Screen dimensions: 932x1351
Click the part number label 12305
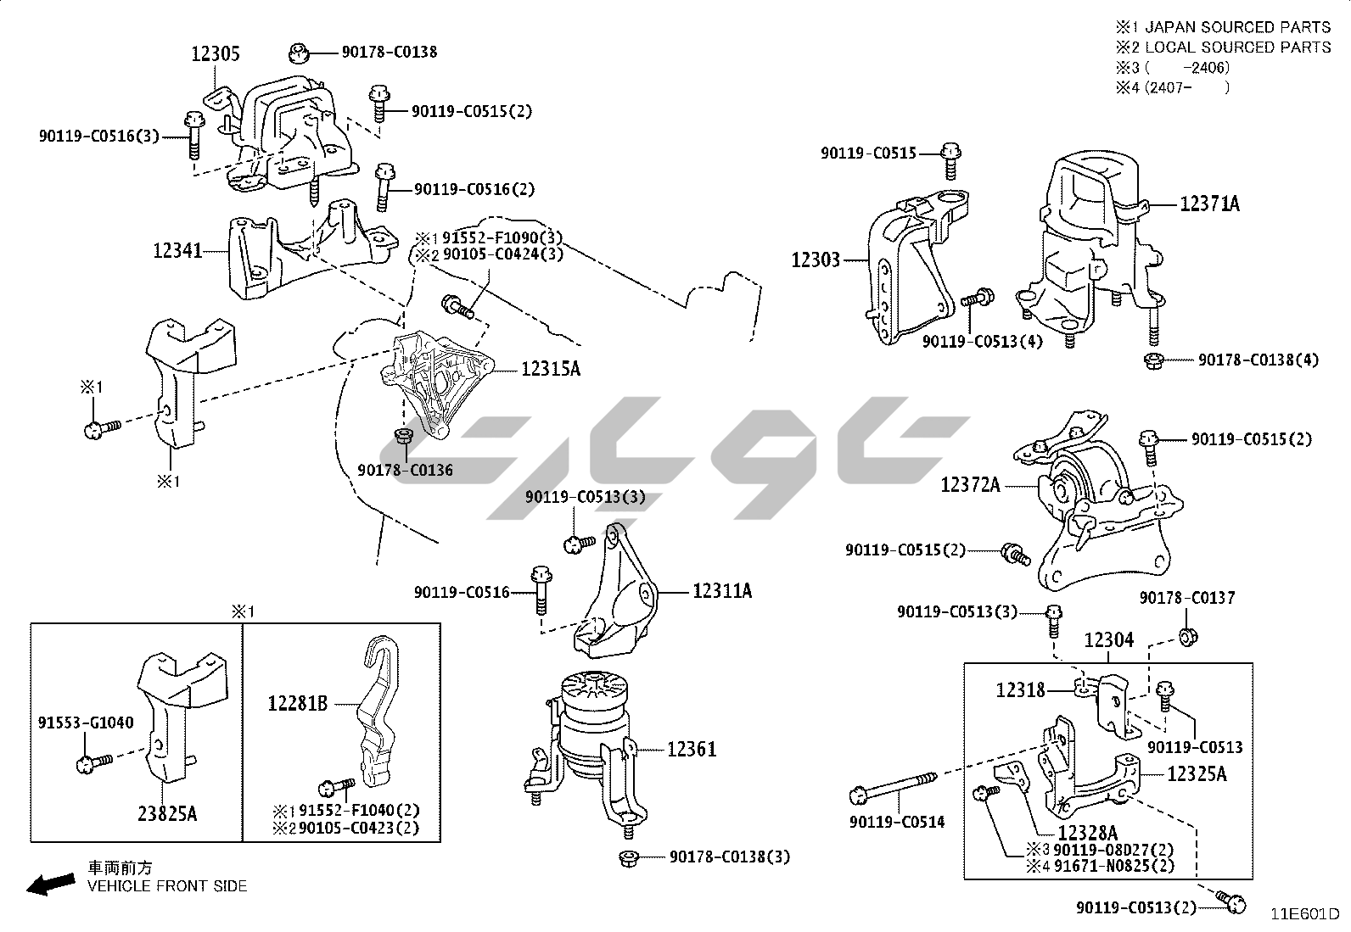pos(215,54)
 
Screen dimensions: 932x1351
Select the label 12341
pos(177,250)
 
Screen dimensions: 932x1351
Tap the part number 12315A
pos(551,369)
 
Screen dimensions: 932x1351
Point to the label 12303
pos(816,260)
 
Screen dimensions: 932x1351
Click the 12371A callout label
pos(1209,204)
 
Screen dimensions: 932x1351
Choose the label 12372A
pos(970,485)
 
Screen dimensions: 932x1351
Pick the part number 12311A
pos(722,590)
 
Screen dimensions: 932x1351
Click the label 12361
pos(692,749)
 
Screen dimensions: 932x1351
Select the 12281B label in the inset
pos(297,703)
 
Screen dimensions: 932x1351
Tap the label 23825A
pos(167,814)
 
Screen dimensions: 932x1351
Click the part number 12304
pos(1108,641)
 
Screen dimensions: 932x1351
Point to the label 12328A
pos(1087,834)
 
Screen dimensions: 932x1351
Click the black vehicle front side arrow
pos(48,885)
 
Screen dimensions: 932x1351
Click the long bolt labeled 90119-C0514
pos(891,788)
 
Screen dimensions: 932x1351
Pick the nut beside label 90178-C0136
pos(404,438)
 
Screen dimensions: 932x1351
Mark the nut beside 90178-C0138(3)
pos(629,857)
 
